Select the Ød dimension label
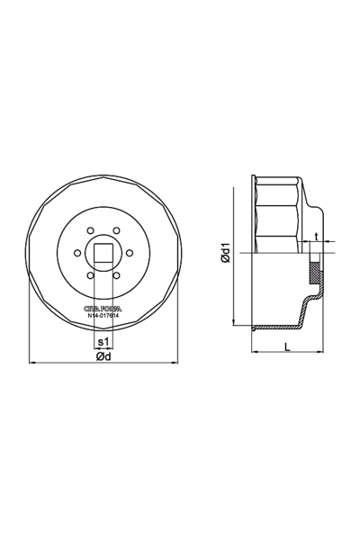pos(104,357)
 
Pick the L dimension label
pos(284,345)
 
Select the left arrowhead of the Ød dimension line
pos(33,362)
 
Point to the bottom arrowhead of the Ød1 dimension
pos(235,324)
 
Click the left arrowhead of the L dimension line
pos(252,353)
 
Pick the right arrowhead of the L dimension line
pos(320,353)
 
